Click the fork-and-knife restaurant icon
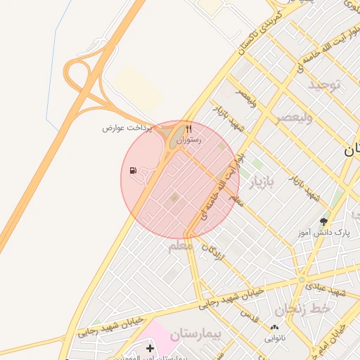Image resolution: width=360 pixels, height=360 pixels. [188, 129]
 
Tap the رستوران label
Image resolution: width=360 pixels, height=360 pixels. [188, 141]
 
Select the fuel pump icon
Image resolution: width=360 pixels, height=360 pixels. [133, 170]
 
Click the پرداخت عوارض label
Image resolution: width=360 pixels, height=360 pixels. [128, 128]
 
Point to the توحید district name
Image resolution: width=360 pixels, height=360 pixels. [323, 85]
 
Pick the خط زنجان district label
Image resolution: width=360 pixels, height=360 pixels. [302, 309]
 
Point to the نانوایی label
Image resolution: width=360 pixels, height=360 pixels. [275, 337]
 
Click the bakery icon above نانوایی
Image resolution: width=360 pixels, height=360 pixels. [274, 327]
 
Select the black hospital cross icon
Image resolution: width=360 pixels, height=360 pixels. [150, 348]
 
